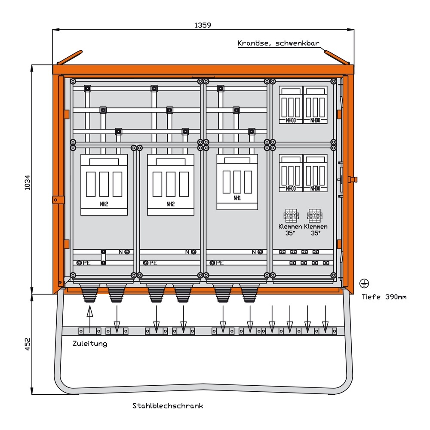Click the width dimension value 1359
click(203, 25)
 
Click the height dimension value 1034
click(28, 183)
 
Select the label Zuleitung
click(90, 344)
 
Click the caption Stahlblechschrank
click(168, 405)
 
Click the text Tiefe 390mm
click(384, 297)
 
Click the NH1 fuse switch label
click(237, 198)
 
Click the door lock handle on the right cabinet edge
click(353, 179)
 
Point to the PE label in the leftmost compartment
click(86, 263)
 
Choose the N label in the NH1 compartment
click(254, 252)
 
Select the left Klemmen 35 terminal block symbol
click(290, 215)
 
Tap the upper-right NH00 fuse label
click(315, 120)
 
